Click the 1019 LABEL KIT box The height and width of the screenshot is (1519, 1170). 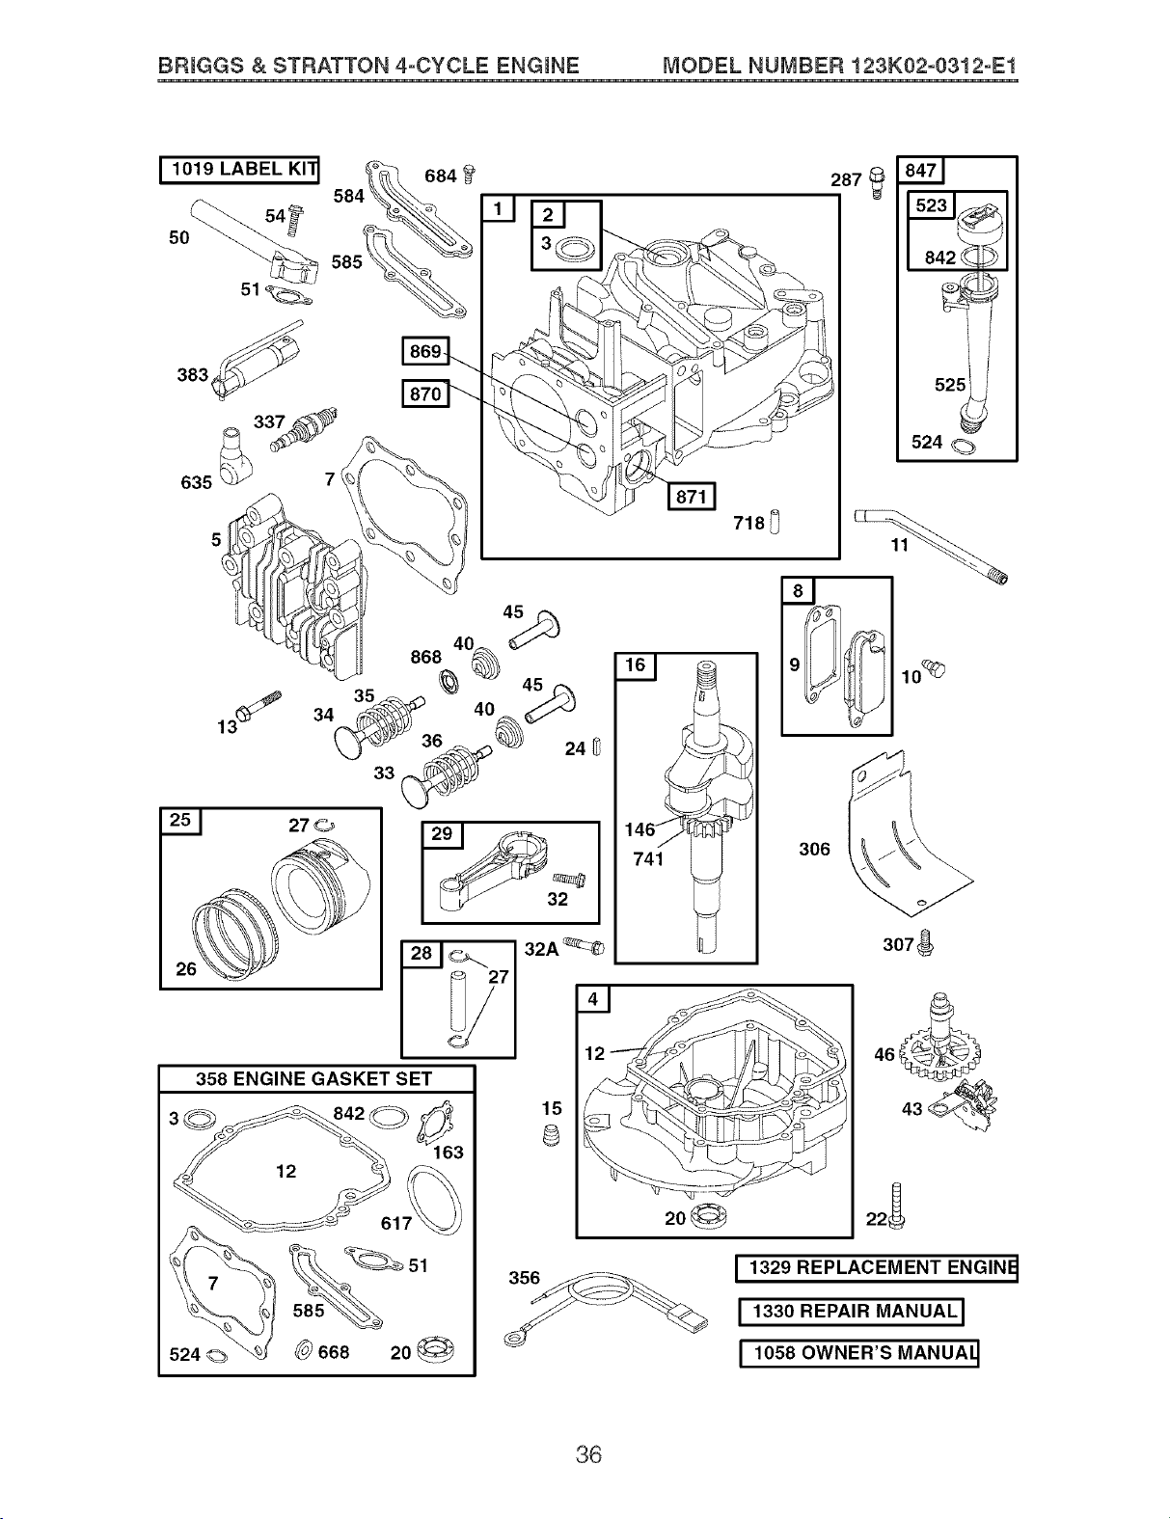click(x=239, y=170)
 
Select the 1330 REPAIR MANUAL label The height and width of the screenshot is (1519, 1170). click(x=852, y=1312)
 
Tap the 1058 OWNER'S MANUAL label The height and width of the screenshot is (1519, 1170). click(x=859, y=1353)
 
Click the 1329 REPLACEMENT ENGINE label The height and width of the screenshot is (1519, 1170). click(x=877, y=1268)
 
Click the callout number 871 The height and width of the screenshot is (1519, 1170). click(x=692, y=497)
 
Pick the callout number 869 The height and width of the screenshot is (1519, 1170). click(x=425, y=351)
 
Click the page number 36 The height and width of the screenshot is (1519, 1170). click(x=588, y=1454)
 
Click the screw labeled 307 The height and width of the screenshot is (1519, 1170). click(x=926, y=942)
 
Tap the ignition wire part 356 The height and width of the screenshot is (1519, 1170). click(x=606, y=1306)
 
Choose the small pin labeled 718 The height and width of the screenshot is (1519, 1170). click(x=775, y=522)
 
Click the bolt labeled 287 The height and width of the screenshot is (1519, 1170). click(x=877, y=182)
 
